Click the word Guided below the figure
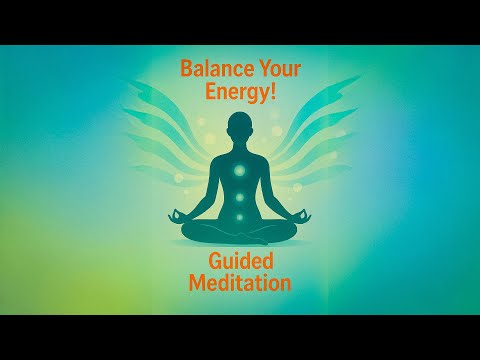click(x=240, y=263)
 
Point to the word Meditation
click(x=240, y=284)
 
